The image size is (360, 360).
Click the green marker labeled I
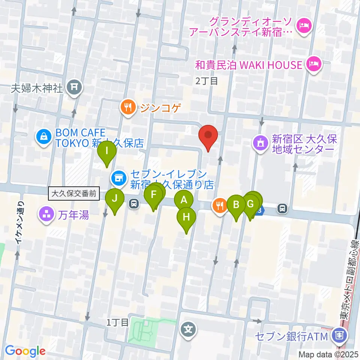pyautogui.click(x=107, y=152)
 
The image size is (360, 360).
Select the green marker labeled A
pyautogui.click(x=184, y=200)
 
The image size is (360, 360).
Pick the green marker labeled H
pyautogui.click(x=186, y=217)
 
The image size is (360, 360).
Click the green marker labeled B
pyautogui.click(x=236, y=205)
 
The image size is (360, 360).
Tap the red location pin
pyautogui.click(x=209, y=135)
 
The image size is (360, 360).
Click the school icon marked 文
pyautogui.click(x=188, y=330)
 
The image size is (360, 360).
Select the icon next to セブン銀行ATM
pyautogui.click(x=339, y=334)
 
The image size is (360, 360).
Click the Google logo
pyautogui.click(x=25, y=351)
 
